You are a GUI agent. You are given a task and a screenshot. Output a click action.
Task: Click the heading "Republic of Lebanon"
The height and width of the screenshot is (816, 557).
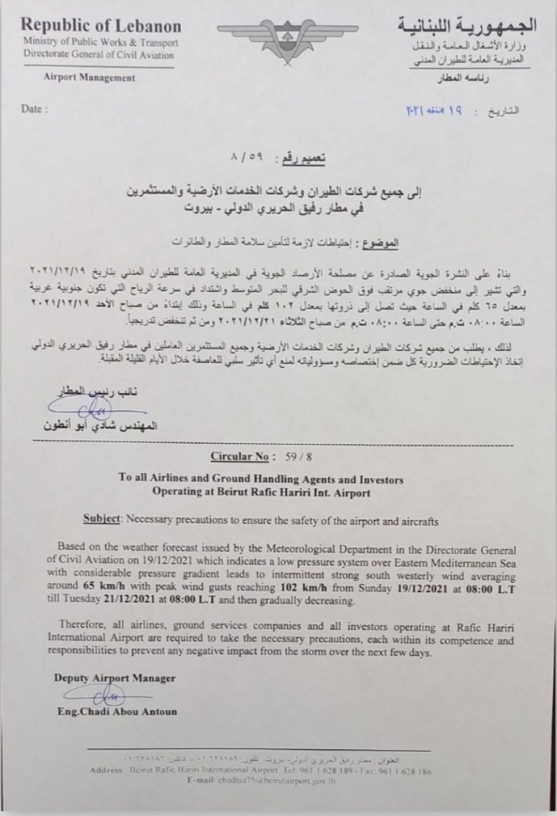(x=102, y=26)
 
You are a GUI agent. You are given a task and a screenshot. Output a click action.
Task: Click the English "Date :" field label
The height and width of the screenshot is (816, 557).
(x=36, y=110)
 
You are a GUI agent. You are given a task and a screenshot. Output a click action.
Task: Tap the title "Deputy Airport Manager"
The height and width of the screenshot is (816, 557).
(x=115, y=677)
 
